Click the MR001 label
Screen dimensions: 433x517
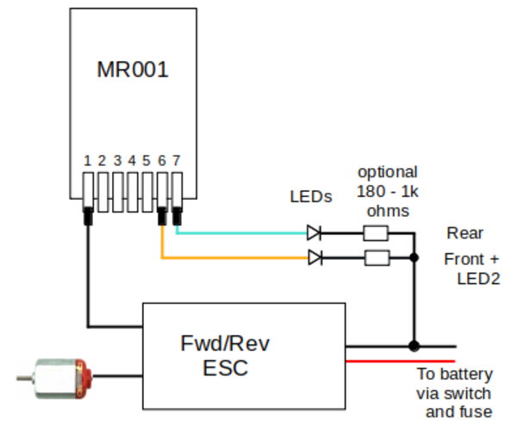coord(132,70)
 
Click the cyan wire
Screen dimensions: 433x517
coord(241,232)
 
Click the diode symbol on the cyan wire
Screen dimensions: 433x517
coord(315,232)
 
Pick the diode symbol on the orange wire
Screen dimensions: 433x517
coord(315,257)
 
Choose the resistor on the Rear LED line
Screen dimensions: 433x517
coord(376,232)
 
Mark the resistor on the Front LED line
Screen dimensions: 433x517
coord(376,257)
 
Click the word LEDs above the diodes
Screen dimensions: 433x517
coord(310,197)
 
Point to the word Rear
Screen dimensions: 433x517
coord(465,233)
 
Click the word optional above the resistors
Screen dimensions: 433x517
coord(388,171)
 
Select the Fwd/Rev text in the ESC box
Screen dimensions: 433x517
coord(226,344)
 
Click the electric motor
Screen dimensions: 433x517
coord(56,377)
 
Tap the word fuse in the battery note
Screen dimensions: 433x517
coord(475,411)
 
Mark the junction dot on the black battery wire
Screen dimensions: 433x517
coord(414,346)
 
